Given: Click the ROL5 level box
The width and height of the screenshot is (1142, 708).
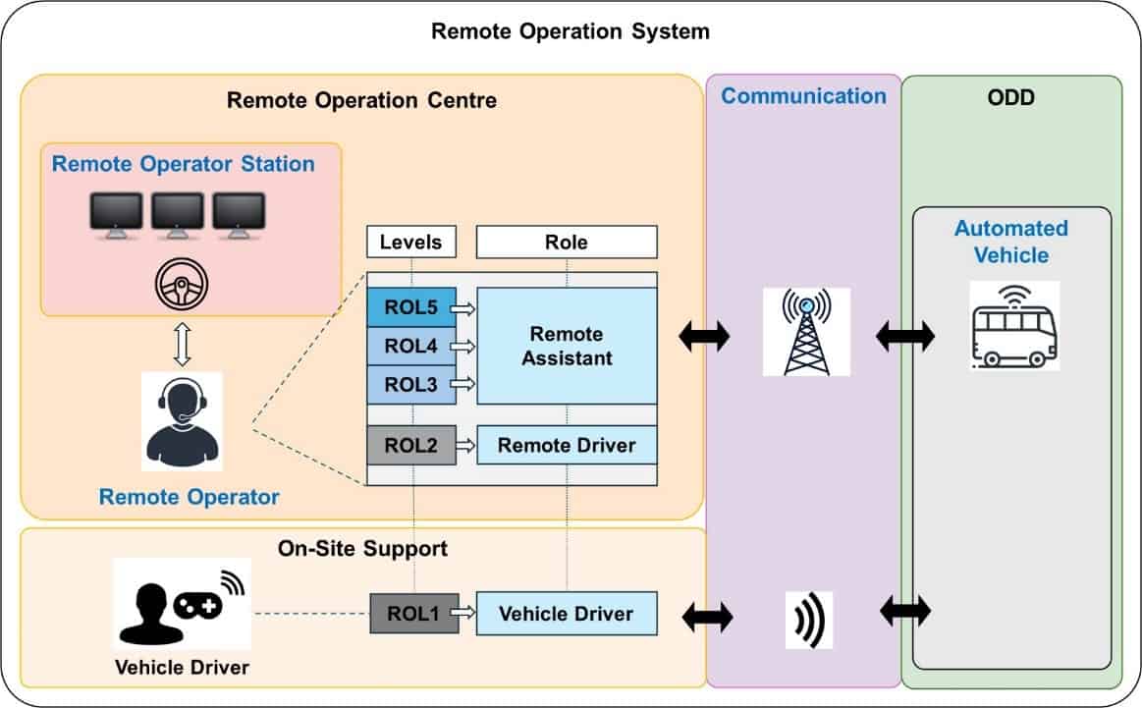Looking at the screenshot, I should click(411, 308).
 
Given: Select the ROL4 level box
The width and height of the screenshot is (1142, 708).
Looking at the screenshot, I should click(411, 346).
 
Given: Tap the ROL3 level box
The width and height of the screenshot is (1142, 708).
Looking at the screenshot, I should click(411, 384).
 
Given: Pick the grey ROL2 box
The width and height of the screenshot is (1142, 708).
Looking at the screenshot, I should click(411, 445).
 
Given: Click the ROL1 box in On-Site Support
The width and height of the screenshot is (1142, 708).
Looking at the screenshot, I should click(414, 614).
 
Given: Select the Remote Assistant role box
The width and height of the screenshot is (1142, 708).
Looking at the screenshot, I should click(567, 346).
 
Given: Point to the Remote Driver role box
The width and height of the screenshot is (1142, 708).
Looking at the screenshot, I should click(567, 445).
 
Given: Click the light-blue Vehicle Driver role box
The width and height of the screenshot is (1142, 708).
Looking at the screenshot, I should click(566, 614).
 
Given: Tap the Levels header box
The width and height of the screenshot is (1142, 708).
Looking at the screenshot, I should click(411, 242).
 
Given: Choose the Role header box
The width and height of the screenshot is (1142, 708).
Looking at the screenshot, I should click(567, 242).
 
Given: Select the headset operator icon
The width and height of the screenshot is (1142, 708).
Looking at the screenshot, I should click(183, 422).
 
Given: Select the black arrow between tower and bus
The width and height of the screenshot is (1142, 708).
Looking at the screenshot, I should click(903, 338).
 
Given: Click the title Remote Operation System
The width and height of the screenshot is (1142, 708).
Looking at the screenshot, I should click(571, 31).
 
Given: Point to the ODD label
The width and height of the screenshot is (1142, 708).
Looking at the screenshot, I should click(1011, 100).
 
